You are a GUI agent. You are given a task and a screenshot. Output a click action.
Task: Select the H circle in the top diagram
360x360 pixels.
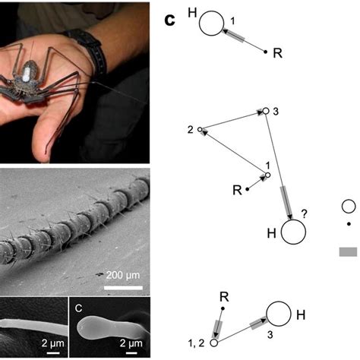pyautogui.click(x=210, y=24)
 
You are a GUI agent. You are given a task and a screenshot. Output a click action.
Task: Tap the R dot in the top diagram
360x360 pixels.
pyautogui.click(x=265, y=52)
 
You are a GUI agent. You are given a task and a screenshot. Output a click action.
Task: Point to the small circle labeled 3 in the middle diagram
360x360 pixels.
pyautogui.click(x=265, y=111)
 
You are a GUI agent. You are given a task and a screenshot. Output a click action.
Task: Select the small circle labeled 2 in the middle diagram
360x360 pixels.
pyautogui.click(x=201, y=131)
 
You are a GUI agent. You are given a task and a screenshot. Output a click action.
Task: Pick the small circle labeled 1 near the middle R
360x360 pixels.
pyautogui.click(x=267, y=175)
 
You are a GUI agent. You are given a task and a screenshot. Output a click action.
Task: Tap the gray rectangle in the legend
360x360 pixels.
pyautogui.click(x=348, y=251)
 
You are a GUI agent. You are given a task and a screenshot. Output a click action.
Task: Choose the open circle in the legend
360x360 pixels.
pyautogui.click(x=349, y=206)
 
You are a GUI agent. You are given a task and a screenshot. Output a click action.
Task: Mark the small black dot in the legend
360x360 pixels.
pyautogui.click(x=349, y=224)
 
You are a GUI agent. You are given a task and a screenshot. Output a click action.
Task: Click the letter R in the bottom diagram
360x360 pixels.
pyautogui.click(x=224, y=296)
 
